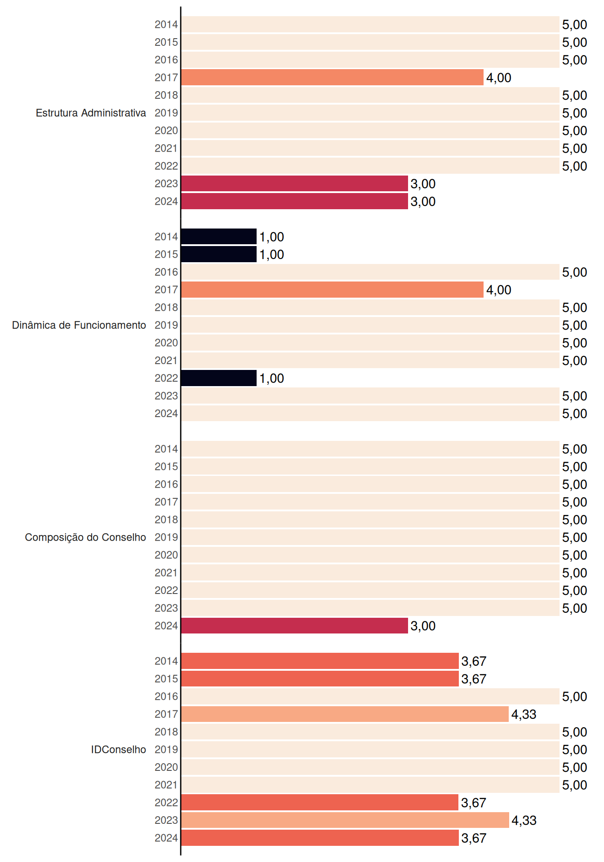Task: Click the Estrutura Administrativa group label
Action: point(91,113)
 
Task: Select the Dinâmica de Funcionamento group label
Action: point(79,325)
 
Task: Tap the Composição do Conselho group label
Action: point(85,537)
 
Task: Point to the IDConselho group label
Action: point(119,749)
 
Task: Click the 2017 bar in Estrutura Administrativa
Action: point(332,77)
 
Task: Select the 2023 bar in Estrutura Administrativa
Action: point(294,184)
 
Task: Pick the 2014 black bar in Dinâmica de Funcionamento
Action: point(219,237)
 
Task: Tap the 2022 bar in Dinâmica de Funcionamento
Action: point(219,378)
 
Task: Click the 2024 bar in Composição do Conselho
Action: point(294,625)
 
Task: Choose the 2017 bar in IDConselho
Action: point(345,714)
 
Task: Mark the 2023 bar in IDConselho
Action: point(345,820)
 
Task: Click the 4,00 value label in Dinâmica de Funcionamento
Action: point(499,290)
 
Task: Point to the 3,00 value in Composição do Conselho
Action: point(423,626)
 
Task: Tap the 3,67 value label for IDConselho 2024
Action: point(474,838)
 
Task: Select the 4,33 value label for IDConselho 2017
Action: point(524,714)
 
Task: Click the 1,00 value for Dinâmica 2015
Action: point(271,255)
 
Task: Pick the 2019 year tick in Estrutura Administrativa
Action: point(166,113)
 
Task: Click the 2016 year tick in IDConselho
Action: point(166,696)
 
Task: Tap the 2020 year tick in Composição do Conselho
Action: point(166,555)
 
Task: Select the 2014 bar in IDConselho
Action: point(320,661)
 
